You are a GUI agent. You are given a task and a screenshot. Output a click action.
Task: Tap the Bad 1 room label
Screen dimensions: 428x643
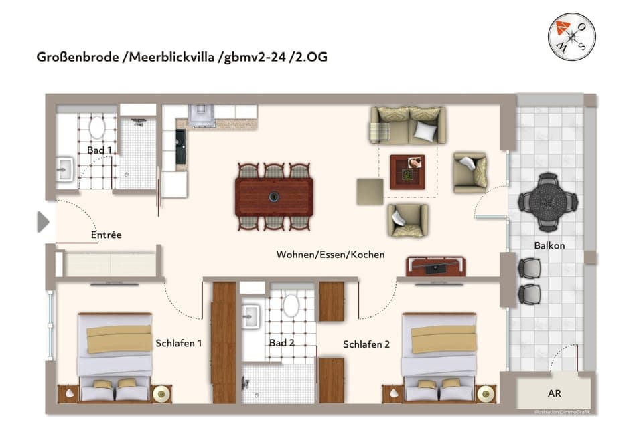[x=99, y=150]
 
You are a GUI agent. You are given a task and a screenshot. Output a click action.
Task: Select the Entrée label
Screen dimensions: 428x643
[x=106, y=235]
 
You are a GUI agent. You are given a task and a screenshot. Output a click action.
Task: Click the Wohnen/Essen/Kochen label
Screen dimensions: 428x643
[x=330, y=255]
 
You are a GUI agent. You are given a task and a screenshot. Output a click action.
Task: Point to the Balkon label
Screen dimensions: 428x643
[x=549, y=245]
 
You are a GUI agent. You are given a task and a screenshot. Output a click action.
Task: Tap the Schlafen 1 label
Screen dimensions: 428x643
[x=179, y=343]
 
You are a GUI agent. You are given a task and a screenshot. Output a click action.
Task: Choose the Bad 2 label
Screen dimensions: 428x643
[x=282, y=343]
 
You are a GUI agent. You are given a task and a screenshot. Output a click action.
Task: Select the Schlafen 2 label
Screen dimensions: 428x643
[x=366, y=344]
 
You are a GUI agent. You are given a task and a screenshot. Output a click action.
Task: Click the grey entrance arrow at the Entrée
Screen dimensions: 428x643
[x=43, y=221]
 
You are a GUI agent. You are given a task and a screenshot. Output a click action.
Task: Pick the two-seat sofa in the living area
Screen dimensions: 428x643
[x=408, y=126]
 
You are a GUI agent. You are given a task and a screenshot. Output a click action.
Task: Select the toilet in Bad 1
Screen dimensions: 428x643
[x=97, y=127]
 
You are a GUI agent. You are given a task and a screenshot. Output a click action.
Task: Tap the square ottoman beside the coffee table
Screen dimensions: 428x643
[x=370, y=191]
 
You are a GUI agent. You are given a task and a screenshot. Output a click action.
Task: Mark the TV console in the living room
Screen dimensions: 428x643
[x=436, y=266]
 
